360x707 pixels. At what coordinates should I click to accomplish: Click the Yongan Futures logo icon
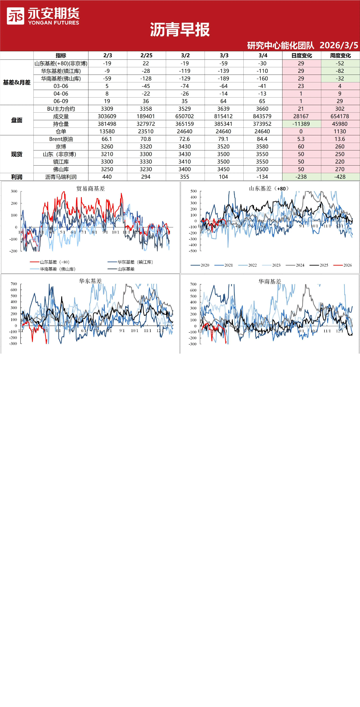tap(15, 16)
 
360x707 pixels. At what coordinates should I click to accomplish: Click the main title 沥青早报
tap(180, 30)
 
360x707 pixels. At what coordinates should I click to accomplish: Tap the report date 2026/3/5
tap(339, 45)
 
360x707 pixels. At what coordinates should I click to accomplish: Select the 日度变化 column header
tap(301, 55)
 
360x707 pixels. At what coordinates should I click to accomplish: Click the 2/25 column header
tap(146, 55)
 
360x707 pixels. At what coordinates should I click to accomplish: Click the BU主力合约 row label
tap(61, 109)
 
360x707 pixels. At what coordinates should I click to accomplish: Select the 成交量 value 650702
tap(184, 116)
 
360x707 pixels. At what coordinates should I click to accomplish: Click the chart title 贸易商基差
tap(91, 189)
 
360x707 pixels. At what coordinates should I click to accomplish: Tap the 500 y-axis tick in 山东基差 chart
tap(194, 191)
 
